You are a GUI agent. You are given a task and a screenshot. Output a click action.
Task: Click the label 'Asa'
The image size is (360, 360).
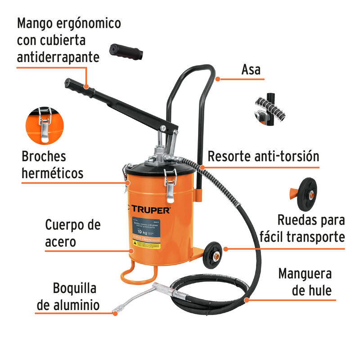(251, 70)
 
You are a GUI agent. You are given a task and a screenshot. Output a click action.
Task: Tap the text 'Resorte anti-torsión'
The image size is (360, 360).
(263, 156)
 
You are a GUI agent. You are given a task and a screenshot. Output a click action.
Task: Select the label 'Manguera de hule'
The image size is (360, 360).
(305, 282)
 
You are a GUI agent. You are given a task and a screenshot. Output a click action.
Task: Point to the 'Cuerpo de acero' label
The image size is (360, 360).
(72, 233)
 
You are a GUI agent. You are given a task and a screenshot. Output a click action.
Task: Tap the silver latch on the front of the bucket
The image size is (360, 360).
(170, 185)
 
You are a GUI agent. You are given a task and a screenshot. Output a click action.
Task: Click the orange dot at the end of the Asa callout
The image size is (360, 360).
(218, 80)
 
